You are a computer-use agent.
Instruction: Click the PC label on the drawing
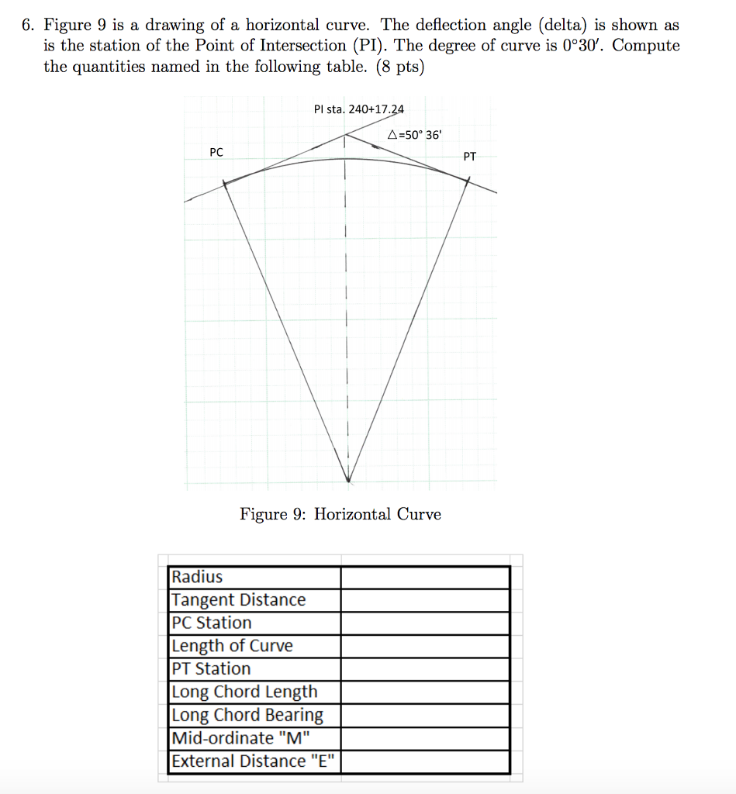click(216, 153)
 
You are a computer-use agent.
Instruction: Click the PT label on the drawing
click(470, 157)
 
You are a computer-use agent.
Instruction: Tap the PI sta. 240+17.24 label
click(359, 109)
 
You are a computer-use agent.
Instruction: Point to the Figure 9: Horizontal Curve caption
click(340, 514)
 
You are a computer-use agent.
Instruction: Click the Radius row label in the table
click(197, 577)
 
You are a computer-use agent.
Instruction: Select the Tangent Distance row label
click(239, 600)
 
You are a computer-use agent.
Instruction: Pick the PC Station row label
click(212, 623)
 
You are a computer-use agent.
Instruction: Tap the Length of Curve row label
click(233, 646)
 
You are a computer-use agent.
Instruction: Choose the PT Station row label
click(211, 668)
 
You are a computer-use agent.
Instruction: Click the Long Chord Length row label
click(245, 692)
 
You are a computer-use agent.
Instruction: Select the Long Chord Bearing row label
click(247, 715)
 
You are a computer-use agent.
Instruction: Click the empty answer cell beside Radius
click(425, 577)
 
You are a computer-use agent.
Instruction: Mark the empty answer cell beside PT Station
click(425, 668)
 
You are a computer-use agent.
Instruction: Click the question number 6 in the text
click(27, 25)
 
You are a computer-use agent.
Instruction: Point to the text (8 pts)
click(399, 66)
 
